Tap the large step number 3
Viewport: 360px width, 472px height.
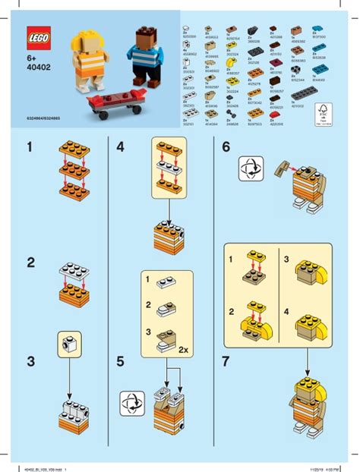pyautogui.click(x=30, y=360)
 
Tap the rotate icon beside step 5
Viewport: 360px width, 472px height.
pyautogui.click(x=131, y=401)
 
